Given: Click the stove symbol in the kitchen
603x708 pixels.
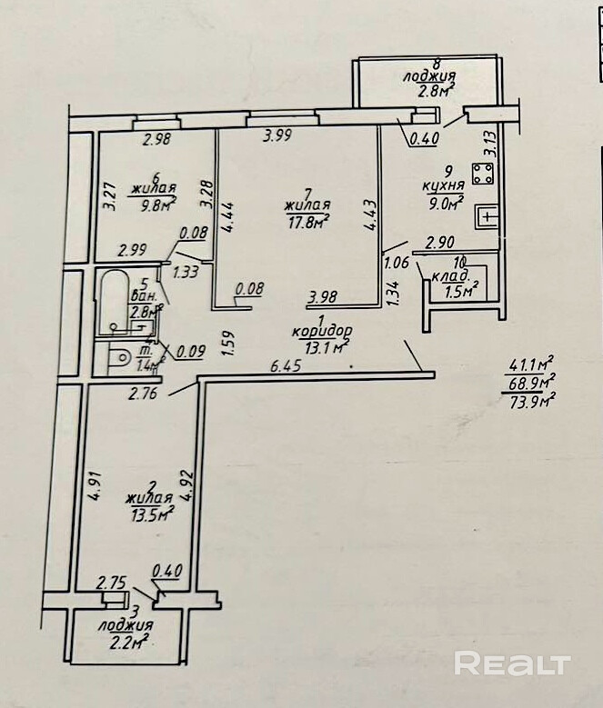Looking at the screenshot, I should click(x=481, y=173).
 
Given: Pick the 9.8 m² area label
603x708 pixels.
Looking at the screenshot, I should click(x=148, y=204).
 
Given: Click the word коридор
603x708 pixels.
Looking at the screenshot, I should click(x=321, y=332).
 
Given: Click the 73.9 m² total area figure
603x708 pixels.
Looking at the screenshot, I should click(x=533, y=397).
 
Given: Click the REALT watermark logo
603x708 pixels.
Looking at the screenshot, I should click(x=512, y=664).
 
